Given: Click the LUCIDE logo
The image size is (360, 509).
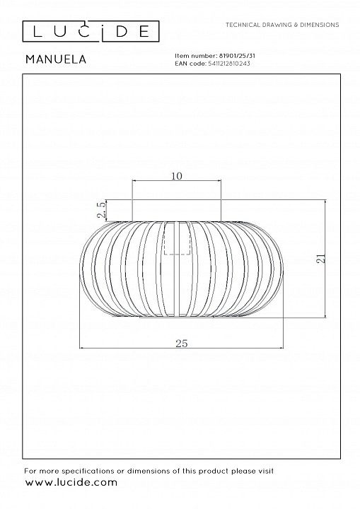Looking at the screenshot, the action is pos(91,31).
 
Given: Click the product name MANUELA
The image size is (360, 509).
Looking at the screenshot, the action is pos(56,59).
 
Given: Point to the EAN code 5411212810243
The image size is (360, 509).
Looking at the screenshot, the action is pos(229,64).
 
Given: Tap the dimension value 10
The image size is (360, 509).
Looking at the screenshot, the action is pos(177,176).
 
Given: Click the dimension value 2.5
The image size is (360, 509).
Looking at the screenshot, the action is pos(102,210).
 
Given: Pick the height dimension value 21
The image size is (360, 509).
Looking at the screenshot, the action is pos(321,258).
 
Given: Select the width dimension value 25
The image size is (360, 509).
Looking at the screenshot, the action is pos(182,343).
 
